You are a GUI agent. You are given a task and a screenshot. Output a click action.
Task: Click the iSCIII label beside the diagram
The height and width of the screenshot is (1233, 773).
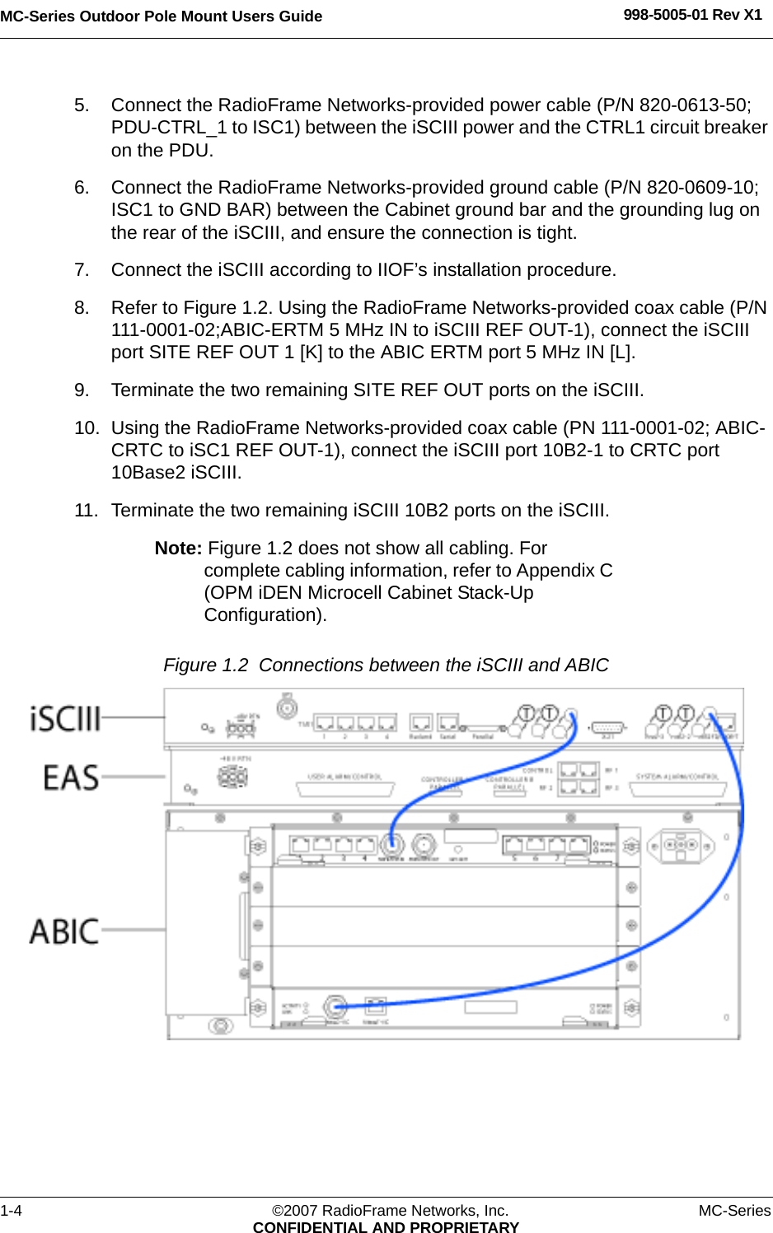click(x=65, y=718)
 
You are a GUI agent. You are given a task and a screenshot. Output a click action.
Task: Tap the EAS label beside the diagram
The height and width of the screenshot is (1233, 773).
click(x=71, y=778)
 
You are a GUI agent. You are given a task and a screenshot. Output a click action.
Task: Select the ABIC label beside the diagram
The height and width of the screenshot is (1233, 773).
click(x=64, y=932)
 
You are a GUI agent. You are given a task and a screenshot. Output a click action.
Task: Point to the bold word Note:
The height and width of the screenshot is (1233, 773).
click(x=178, y=549)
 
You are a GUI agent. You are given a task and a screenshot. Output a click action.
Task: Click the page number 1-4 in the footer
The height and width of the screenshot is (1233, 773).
click(x=12, y=1210)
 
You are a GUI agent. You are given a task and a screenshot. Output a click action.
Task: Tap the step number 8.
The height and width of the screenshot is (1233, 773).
click(x=81, y=308)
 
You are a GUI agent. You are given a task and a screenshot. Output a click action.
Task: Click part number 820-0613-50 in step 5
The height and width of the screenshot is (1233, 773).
click(x=694, y=105)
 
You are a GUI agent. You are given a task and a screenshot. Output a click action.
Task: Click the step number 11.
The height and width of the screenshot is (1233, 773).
click(x=85, y=511)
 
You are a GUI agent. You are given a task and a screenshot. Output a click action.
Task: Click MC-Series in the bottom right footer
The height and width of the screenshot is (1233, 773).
click(x=734, y=1210)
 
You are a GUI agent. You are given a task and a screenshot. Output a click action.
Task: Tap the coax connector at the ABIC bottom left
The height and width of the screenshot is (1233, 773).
click(x=335, y=1006)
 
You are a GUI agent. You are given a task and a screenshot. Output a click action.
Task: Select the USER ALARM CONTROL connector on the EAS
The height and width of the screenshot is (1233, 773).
click(x=344, y=788)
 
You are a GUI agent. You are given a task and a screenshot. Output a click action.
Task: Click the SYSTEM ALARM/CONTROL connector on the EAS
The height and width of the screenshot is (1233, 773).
click(x=677, y=788)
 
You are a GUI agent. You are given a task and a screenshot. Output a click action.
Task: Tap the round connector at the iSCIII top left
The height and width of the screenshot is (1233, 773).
click(x=286, y=707)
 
